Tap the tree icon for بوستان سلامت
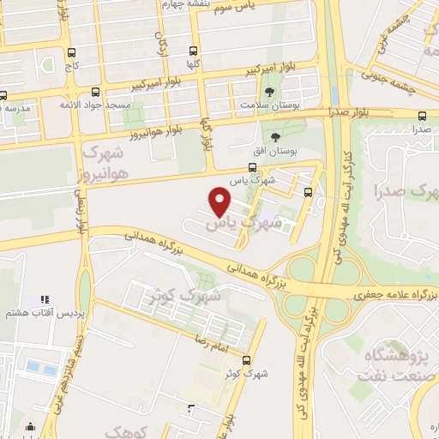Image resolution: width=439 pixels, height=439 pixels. [x=271, y=91]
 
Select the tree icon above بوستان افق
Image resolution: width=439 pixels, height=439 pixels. [x=275, y=137]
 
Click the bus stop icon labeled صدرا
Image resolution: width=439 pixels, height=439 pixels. [x=421, y=116]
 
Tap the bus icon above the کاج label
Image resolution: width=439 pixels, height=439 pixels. [x=72, y=51]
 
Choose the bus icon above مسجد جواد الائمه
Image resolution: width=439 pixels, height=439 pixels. [x=94, y=92]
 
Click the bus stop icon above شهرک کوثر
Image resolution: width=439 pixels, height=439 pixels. [x=247, y=360]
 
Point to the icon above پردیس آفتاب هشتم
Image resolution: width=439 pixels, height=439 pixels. [x=43, y=300]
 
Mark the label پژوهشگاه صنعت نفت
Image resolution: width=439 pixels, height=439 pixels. [x=401, y=364]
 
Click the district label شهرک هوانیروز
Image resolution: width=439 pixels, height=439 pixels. [x=117, y=162]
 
